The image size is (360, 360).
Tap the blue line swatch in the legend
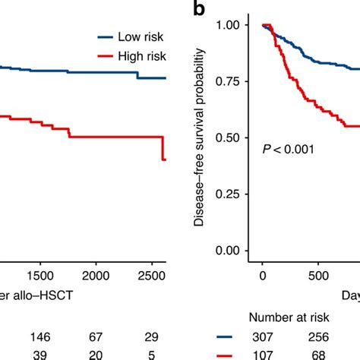[106, 36]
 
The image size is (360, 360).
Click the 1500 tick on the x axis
[40, 275]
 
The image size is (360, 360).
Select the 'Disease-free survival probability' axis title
[199, 137]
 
